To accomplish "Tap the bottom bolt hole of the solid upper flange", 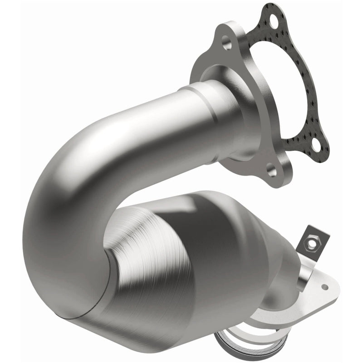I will (271, 171).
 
